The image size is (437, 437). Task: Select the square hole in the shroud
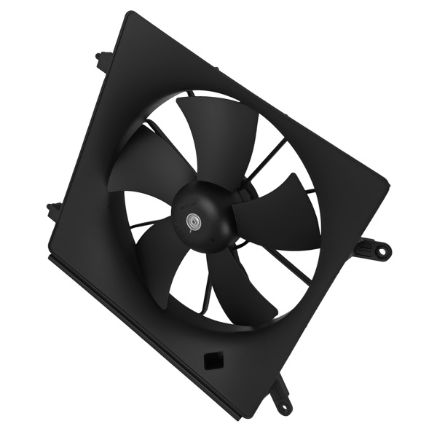[x=213, y=361]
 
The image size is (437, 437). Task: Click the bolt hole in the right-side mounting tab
[x=379, y=251]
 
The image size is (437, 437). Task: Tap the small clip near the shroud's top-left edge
[x=104, y=60]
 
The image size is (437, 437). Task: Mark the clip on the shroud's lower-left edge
[x=55, y=211]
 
